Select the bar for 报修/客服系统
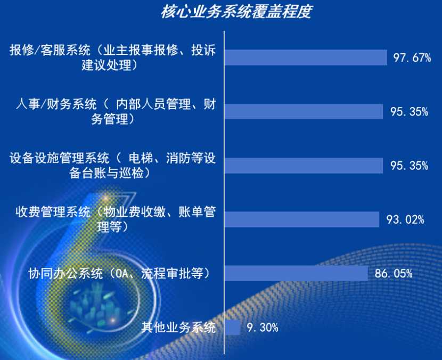pyautogui.click(x=305, y=58)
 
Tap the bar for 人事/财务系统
pyautogui.click(x=304, y=111)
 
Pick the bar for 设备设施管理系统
pyautogui.click(x=304, y=166)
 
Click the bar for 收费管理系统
pyautogui.click(x=301, y=219)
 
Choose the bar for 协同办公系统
pyautogui.click(x=296, y=274)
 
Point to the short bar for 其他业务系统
pyautogui.click(x=232, y=328)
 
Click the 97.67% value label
pyautogui.click(x=412, y=58)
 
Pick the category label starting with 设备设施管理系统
pyautogui.click(x=113, y=166)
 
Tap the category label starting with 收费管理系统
pyautogui.click(x=115, y=219)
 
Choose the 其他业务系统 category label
pyautogui.click(x=178, y=328)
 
